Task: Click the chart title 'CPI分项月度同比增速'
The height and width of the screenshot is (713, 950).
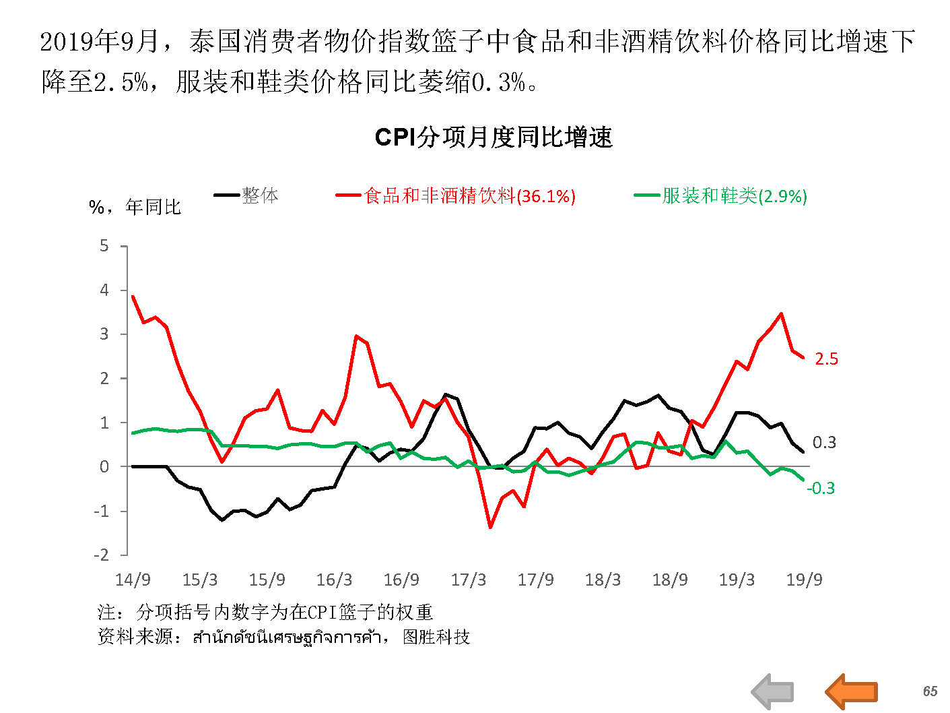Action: coord(494,137)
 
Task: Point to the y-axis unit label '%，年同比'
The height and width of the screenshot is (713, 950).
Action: coord(135,207)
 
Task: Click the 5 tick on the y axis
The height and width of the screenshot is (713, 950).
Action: coord(104,246)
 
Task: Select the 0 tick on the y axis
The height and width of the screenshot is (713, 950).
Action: coord(104,466)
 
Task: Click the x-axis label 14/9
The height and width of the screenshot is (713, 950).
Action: coord(133,580)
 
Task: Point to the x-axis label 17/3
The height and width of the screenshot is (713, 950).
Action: coord(468,580)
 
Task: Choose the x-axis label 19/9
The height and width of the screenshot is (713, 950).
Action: coord(804,580)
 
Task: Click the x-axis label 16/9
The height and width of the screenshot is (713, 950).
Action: coord(401,580)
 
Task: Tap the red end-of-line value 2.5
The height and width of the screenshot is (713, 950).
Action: coord(826,359)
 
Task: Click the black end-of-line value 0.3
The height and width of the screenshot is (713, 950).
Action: coord(824,443)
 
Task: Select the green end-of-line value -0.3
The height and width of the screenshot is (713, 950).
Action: coord(821,488)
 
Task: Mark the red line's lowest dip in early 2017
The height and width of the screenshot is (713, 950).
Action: coord(490,527)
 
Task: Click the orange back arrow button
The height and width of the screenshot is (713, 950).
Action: coord(851,691)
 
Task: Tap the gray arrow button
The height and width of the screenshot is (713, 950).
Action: coord(773,691)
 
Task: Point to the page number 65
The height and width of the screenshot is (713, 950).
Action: coord(930,691)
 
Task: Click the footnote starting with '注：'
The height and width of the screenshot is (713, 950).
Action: coord(265,612)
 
